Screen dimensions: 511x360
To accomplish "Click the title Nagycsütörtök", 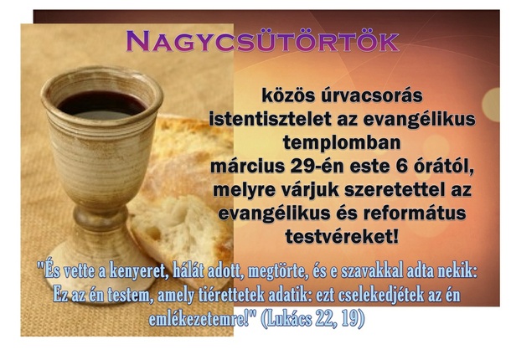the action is (263, 41).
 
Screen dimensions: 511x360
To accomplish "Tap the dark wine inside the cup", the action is (101, 105).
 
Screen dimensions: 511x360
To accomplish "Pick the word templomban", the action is (342, 142).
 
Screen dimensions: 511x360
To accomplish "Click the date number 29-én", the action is (317, 166).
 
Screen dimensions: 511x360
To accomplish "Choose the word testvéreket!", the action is (342, 237).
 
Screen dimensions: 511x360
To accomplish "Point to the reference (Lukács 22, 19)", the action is (312, 319).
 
